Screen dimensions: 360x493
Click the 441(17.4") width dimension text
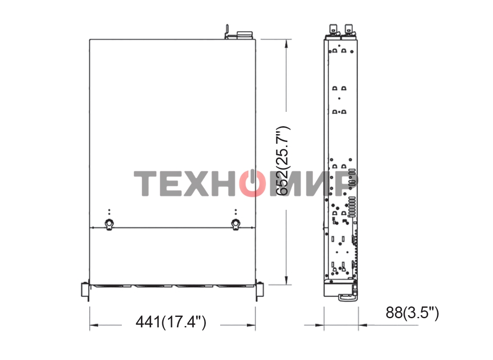point(171,322)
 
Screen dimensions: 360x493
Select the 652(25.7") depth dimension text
point(283,161)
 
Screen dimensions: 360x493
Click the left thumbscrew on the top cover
point(109,224)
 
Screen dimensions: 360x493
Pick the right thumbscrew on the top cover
point(235,224)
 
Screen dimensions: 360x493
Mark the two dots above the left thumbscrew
point(109,212)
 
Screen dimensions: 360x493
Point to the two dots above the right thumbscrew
point(235,212)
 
